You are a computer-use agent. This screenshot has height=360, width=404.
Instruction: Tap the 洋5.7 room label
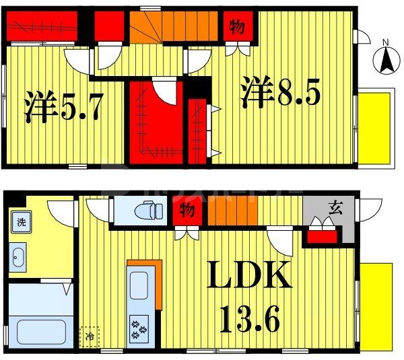coord(64,108)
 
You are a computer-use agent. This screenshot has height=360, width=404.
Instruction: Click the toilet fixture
coord(147,211)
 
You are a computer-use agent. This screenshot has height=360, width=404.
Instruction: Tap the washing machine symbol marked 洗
coord(22,223)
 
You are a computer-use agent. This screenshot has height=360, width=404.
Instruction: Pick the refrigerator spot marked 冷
coord(89,335)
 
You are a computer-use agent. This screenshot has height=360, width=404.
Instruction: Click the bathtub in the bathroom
coord(40,331)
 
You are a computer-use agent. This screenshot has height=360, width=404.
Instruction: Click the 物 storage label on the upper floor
coord(237,27)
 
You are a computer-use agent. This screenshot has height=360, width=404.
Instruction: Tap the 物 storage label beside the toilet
coord(187,211)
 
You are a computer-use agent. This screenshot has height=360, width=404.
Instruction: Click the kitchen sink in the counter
coord(139,285)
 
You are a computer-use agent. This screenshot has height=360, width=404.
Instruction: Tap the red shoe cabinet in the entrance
coord(322,236)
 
